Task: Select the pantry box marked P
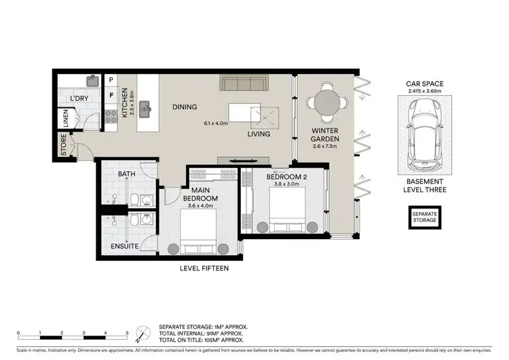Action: coord(111,80)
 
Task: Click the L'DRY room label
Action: coord(79,98)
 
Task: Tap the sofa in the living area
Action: coord(244,83)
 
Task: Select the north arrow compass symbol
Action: coord(141,333)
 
